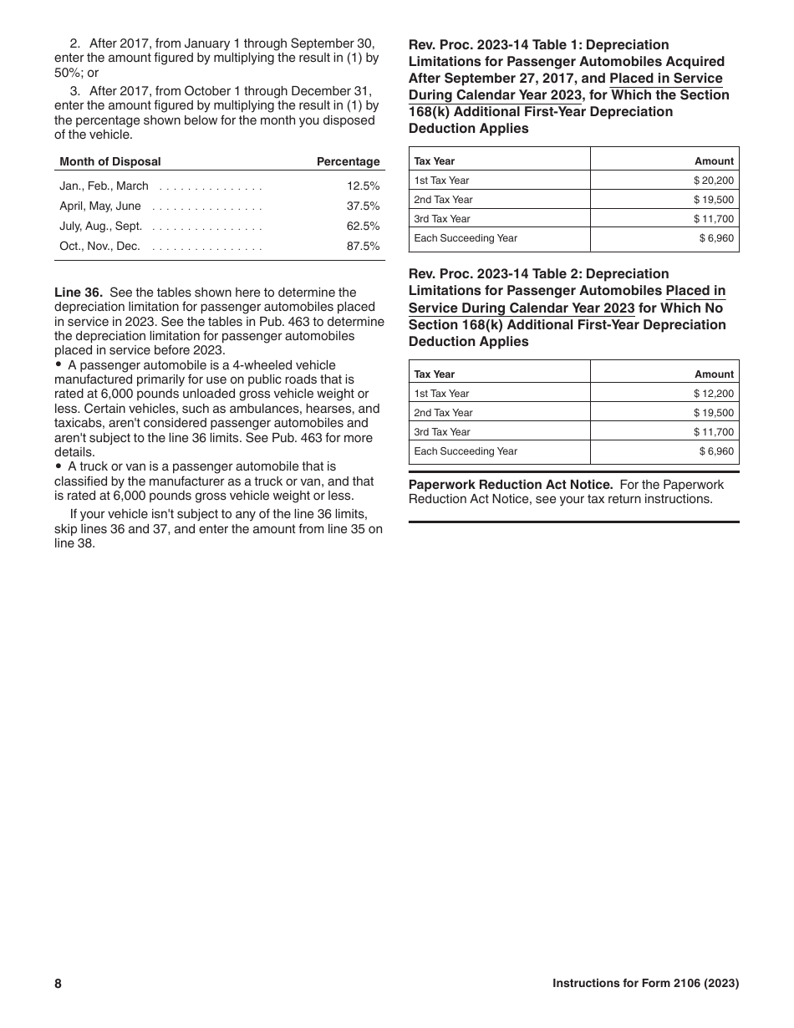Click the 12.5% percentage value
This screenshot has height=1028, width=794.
[364, 186]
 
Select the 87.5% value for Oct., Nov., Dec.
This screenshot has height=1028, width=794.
[364, 247]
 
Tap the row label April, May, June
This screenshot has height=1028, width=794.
[100, 206]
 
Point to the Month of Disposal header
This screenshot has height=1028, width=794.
[110, 162]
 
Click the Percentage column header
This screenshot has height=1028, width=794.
[348, 162]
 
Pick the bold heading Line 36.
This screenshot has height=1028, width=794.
[79, 293]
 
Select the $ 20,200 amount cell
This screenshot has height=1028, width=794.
[714, 181]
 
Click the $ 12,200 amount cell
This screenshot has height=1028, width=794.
[714, 394]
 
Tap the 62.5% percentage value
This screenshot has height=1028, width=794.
[364, 226]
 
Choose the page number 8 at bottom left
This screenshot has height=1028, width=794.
[59, 984]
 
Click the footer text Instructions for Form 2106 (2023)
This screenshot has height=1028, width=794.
[645, 984]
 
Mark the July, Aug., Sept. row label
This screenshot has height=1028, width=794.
[101, 226]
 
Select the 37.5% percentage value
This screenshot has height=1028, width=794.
[364, 206]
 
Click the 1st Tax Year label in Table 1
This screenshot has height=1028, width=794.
[442, 181]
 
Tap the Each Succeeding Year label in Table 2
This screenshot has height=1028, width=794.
[466, 451]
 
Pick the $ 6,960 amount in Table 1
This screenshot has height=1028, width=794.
[717, 238]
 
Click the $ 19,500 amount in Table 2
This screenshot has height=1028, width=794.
[714, 413]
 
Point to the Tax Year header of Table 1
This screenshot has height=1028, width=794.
[435, 161]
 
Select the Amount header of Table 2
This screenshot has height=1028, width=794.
[715, 374]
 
